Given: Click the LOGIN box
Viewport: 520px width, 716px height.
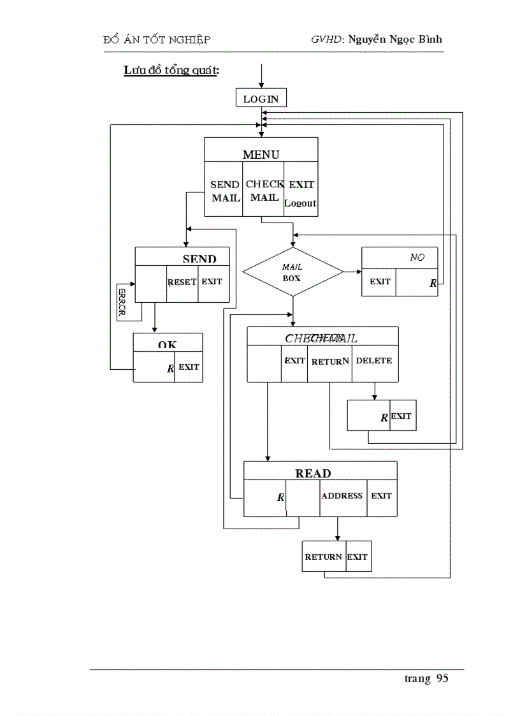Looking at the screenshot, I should (x=261, y=99).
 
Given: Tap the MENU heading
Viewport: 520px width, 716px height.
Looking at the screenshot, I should (x=261, y=154).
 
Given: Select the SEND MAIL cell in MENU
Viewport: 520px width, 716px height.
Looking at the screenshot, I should (x=225, y=191).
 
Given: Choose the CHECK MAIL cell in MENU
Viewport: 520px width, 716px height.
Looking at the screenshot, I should (x=264, y=191).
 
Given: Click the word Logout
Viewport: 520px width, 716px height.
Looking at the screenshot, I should (x=300, y=203).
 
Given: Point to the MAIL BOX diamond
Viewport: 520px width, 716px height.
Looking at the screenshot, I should (x=292, y=272).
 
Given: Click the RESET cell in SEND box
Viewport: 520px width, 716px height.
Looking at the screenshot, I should (x=182, y=282).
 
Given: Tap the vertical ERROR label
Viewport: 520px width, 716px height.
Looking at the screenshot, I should (x=122, y=302).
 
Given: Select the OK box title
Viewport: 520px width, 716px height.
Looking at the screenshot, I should (x=168, y=344).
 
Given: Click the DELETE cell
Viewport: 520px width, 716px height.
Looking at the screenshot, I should (x=374, y=361).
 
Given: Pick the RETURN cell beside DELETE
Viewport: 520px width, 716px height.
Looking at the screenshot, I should (x=329, y=362).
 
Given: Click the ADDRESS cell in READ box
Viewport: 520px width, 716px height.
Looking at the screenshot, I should (x=342, y=496).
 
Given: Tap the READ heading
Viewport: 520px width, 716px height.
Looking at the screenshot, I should (x=313, y=474).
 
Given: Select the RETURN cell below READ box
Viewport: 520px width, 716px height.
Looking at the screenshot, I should (x=323, y=557).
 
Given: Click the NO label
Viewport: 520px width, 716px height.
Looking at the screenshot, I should (x=417, y=258).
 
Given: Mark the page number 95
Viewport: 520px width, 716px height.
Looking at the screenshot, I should (x=442, y=678).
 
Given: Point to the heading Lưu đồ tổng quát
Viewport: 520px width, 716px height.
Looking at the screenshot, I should (x=171, y=71).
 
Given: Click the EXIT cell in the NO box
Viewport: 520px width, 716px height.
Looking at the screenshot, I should (x=380, y=282).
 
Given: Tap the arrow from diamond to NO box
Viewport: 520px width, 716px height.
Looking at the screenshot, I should (x=352, y=272).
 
